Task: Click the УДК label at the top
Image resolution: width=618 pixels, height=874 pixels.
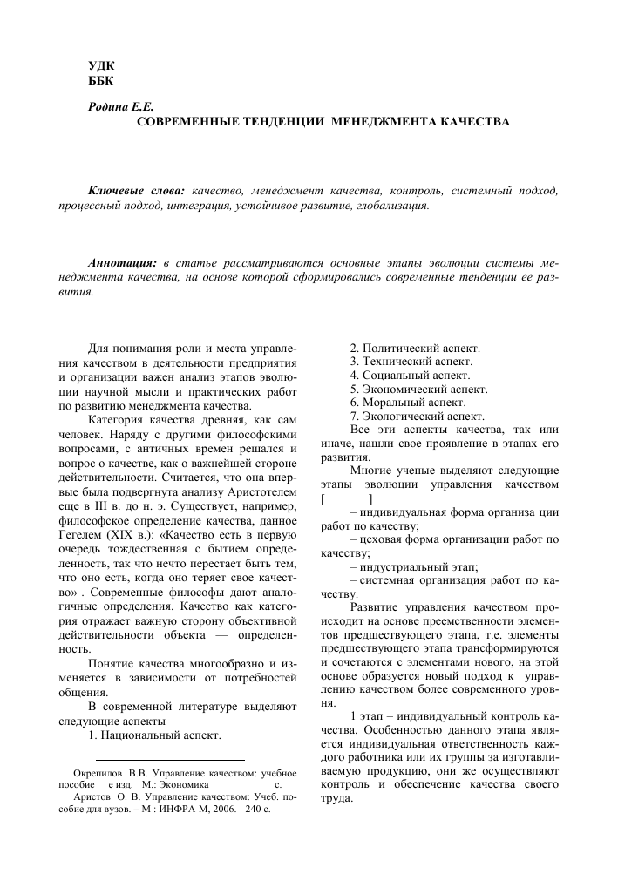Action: [x=103, y=67]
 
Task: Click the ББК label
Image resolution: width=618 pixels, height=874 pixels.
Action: [x=102, y=82]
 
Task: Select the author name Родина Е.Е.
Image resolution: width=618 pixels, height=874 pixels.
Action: [x=117, y=107]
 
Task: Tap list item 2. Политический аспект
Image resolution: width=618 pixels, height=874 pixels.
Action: [x=415, y=349]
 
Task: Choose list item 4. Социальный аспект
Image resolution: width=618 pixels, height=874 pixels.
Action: [x=410, y=376]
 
